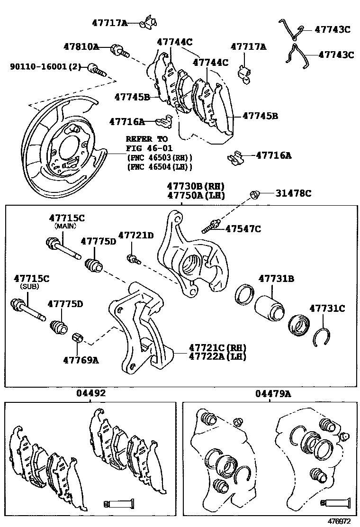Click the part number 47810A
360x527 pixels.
(81, 46)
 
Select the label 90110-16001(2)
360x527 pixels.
(45, 67)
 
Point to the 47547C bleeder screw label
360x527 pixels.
(243, 229)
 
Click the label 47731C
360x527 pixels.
(327, 309)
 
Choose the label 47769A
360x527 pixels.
(81, 360)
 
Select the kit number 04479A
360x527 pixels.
(273, 393)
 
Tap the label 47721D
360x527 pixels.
(136, 235)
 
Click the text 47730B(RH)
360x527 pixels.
(195, 186)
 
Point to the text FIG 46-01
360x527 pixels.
(145, 148)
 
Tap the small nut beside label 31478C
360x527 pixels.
(254, 194)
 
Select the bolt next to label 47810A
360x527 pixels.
(119, 50)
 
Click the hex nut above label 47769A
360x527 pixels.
(78, 338)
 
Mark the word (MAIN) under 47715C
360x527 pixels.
(66, 226)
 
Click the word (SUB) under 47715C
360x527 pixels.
(29, 287)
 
